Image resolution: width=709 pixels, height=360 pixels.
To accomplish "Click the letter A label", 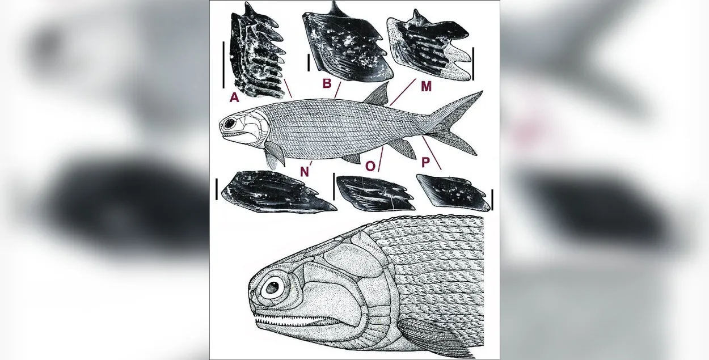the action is tap(234, 98).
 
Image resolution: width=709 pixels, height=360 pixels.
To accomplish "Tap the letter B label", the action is tap(327, 83).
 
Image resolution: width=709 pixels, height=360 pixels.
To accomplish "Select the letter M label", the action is tap(427, 86).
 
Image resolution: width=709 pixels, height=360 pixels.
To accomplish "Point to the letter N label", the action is tap(304, 171).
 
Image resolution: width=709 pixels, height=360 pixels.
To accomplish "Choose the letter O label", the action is tap(370, 166).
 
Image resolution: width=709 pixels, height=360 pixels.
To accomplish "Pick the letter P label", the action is tap(426, 163).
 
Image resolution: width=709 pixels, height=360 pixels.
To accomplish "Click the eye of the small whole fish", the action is tap(230, 123).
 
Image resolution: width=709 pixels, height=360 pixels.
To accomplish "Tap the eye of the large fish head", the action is tap(272, 287).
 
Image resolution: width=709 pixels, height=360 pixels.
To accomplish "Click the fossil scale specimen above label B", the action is tap(347, 43).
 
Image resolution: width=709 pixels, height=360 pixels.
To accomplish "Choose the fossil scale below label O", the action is tap(375, 193).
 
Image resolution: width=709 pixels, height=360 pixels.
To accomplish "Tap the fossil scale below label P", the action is tap(453, 192).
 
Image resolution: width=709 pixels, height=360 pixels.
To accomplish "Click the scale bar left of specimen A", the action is tap(223, 65).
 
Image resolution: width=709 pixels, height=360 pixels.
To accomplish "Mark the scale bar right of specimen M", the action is tap(473, 63).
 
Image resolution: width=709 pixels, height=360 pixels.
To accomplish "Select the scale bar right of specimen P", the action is tap(492, 200).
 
